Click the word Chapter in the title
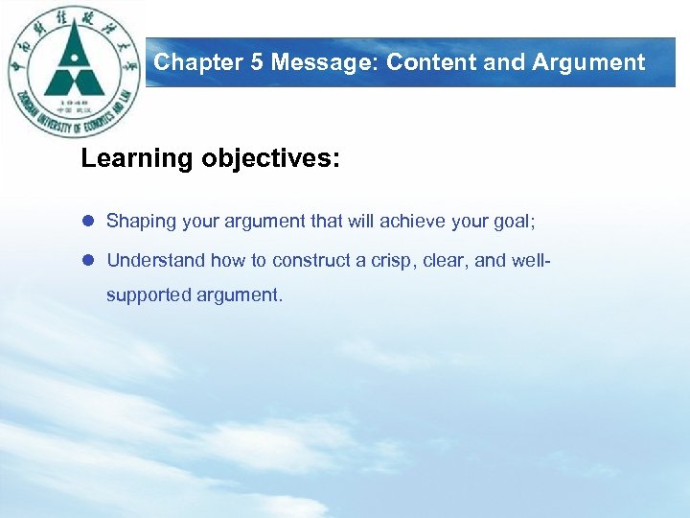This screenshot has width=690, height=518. [190, 63]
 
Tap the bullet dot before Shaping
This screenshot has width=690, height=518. [88, 222]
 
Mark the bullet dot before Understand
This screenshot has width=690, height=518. [88, 261]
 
